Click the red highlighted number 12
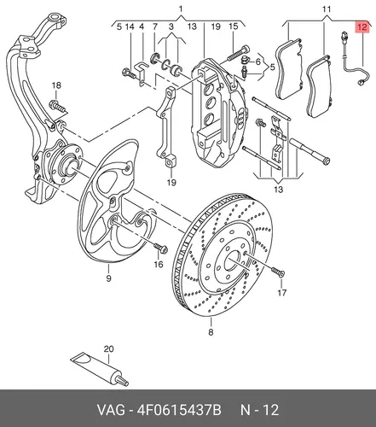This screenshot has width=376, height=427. click(x=362, y=27)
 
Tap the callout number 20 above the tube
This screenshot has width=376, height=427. click(x=108, y=348)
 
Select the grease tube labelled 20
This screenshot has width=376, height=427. click(x=100, y=369)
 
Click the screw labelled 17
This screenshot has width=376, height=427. click(x=278, y=272)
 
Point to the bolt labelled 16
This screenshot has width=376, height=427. click(x=160, y=249)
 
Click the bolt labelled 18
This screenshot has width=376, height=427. click(x=59, y=106)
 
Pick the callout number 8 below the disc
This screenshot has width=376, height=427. click(x=211, y=332)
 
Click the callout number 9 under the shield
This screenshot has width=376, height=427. click(x=108, y=278)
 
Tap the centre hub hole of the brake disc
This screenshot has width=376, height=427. click(x=233, y=261)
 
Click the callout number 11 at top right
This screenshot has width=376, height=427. click(x=327, y=9)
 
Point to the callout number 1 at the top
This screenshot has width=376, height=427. click(x=181, y=9)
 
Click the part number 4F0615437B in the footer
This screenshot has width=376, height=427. click(x=179, y=410)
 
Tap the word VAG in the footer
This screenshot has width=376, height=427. click(x=111, y=410)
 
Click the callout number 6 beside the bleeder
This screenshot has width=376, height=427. click(x=257, y=61)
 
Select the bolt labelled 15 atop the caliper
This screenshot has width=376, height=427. click(x=238, y=54)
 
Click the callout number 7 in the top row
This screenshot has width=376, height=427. click(x=155, y=27)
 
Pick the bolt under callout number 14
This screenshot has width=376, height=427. click(x=129, y=73)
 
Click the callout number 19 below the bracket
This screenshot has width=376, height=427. click(x=171, y=183)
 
